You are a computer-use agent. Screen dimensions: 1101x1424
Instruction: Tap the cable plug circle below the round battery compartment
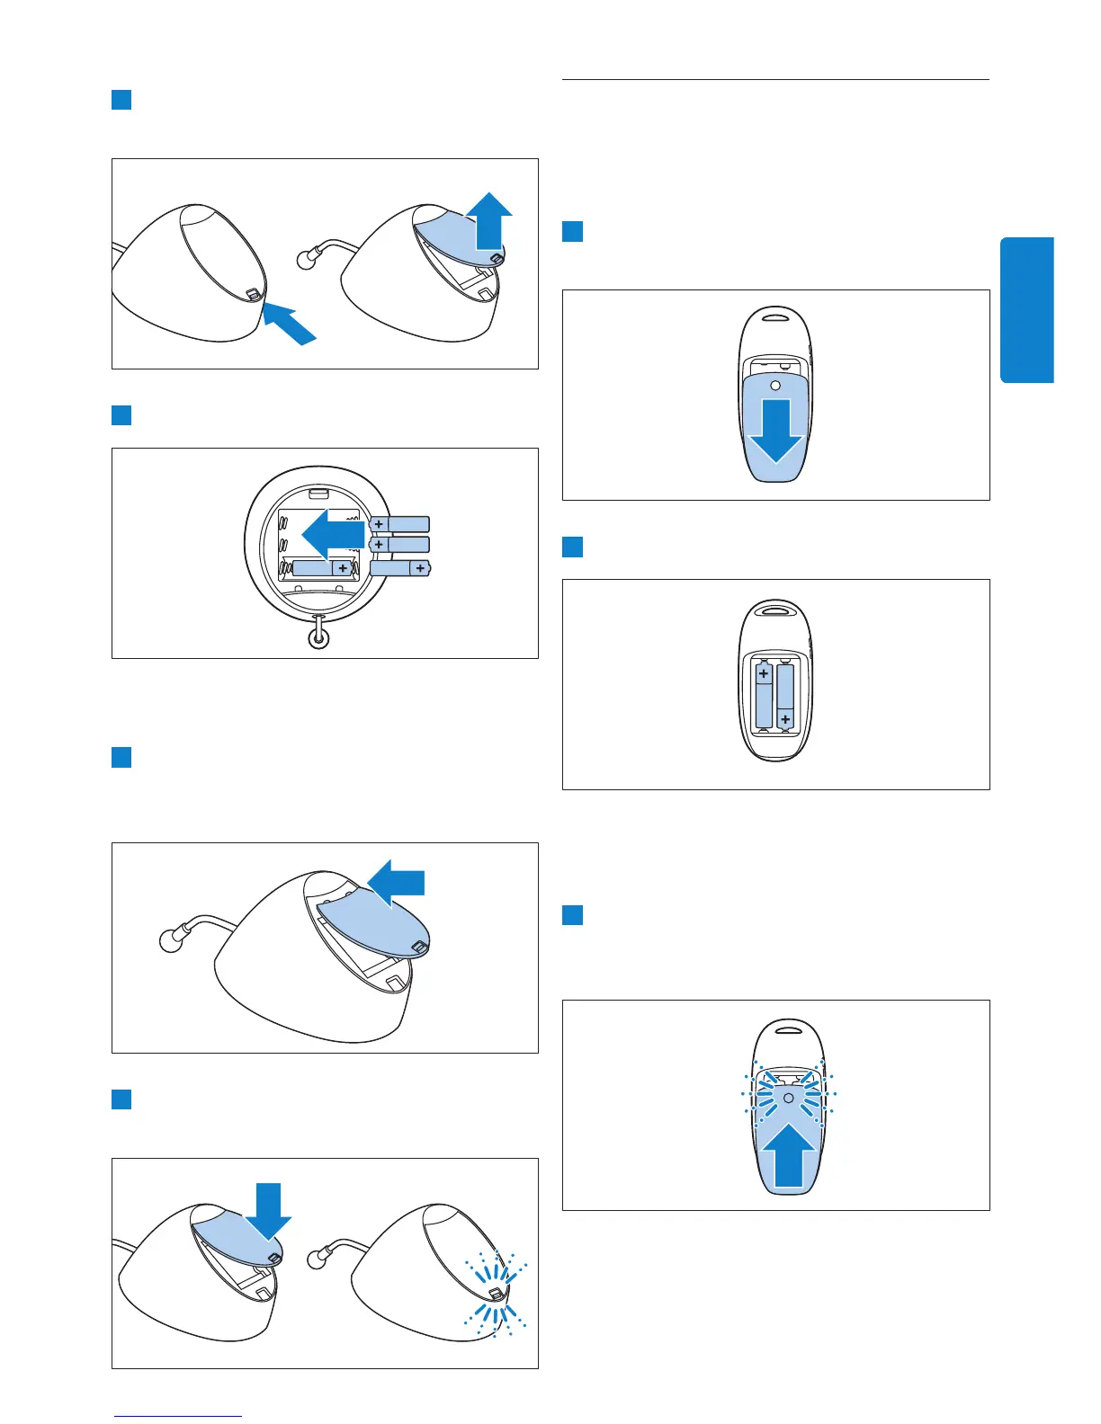click(x=317, y=638)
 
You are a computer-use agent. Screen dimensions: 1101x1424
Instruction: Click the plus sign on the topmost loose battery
click(x=380, y=524)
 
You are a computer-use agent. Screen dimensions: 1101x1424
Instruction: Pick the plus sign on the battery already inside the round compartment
click(x=343, y=568)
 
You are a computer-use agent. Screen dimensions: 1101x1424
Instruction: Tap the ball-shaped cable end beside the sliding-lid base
click(x=169, y=941)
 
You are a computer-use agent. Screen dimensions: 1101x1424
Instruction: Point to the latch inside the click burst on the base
click(x=494, y=1293)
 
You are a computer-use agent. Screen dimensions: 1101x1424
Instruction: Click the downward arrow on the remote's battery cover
click(x=775, y=430)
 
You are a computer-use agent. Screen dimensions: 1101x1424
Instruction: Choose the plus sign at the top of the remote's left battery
click(x=764, y=672)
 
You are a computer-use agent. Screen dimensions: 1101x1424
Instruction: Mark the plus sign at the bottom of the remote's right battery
click(x=786, y=719)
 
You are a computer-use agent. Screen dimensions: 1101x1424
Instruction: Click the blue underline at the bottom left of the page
click(x=178, y=1416)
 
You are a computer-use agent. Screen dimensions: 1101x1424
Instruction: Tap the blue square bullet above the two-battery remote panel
click(x=572, y=547)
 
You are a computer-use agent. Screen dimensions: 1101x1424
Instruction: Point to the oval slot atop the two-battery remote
click(x=774, y=609)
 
